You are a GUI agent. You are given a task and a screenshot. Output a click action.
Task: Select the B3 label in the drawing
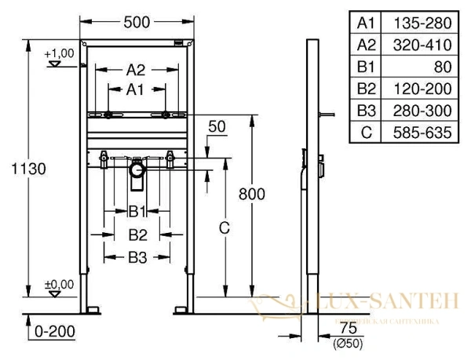[138, 255]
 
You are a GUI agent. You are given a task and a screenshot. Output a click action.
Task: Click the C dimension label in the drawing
[224, 228]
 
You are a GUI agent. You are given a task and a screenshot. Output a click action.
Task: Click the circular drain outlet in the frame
[138, 169]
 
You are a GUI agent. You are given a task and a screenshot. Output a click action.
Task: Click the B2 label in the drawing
[138, 233]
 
